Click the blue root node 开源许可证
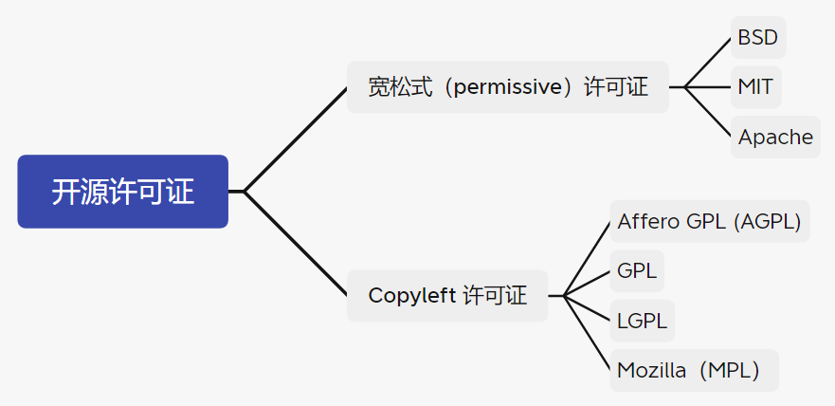click(x=122, y=192)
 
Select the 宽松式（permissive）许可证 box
click(x=507, y=87)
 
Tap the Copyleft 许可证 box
click(x=446, y=296)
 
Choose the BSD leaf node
click(x=757, y=38)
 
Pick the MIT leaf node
click(x=755, y=87)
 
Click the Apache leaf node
click(x=775, y=137)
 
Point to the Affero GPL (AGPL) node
click(x=709, y=221)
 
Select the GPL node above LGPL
click(x=637, y=270)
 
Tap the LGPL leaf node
click(x=642, y=321)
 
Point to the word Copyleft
click(x=411, y=296)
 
